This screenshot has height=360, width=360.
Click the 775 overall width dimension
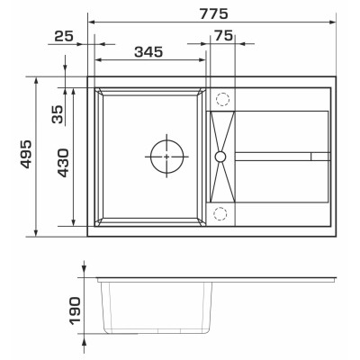[x=213, y=13]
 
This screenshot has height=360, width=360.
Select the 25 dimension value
[x=64, y=36]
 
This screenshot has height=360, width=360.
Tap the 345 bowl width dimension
[x=148, y=52]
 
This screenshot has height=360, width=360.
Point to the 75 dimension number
[x=224, y=36]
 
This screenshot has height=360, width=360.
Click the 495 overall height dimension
[x=26, y=154]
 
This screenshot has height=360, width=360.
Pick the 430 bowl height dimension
[x=63, y=163]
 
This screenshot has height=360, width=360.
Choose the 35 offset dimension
[x=58, y=114]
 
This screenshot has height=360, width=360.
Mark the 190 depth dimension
[x=75, y=310]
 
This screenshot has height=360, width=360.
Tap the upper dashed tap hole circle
[x=222, y=93]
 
